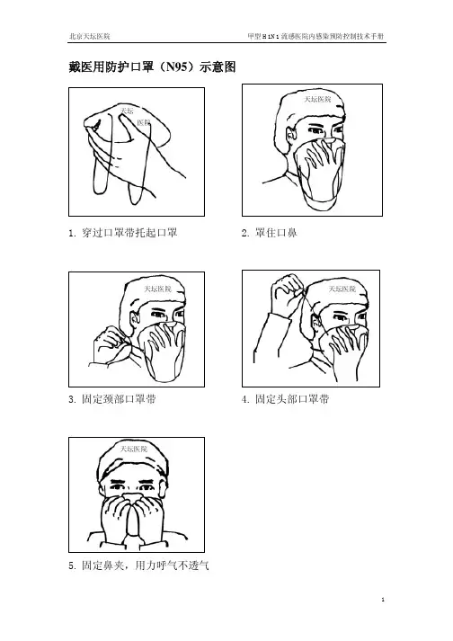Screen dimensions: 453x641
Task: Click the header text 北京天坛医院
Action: tap(90, 36)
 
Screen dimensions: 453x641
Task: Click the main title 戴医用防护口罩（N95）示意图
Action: tap(152, 67)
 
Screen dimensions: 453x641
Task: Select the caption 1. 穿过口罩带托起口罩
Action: tap(122, 233)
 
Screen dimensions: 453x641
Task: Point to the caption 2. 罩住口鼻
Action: tap(269, 233)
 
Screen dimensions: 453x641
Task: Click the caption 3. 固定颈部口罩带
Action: tap(112, 399)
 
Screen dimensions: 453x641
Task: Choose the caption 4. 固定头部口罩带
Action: tap(286, 399)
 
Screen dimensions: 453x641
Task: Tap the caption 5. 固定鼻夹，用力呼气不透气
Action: tap(139, 565)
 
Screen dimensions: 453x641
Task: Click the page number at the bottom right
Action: tap(383, 600)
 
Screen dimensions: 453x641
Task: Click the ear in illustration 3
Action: tap(134, 321)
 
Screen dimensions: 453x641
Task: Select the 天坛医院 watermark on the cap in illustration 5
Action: tap(133, 449)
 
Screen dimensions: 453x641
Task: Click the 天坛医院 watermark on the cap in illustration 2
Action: tap(317, 99)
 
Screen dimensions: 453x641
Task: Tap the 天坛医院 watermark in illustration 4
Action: tap(342, 289)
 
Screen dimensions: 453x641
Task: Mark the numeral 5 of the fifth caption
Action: tap(71, 566)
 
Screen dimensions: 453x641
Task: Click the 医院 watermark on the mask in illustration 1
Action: tap(144, 122)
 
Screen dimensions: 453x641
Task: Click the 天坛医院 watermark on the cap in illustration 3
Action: tap(158, 289)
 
